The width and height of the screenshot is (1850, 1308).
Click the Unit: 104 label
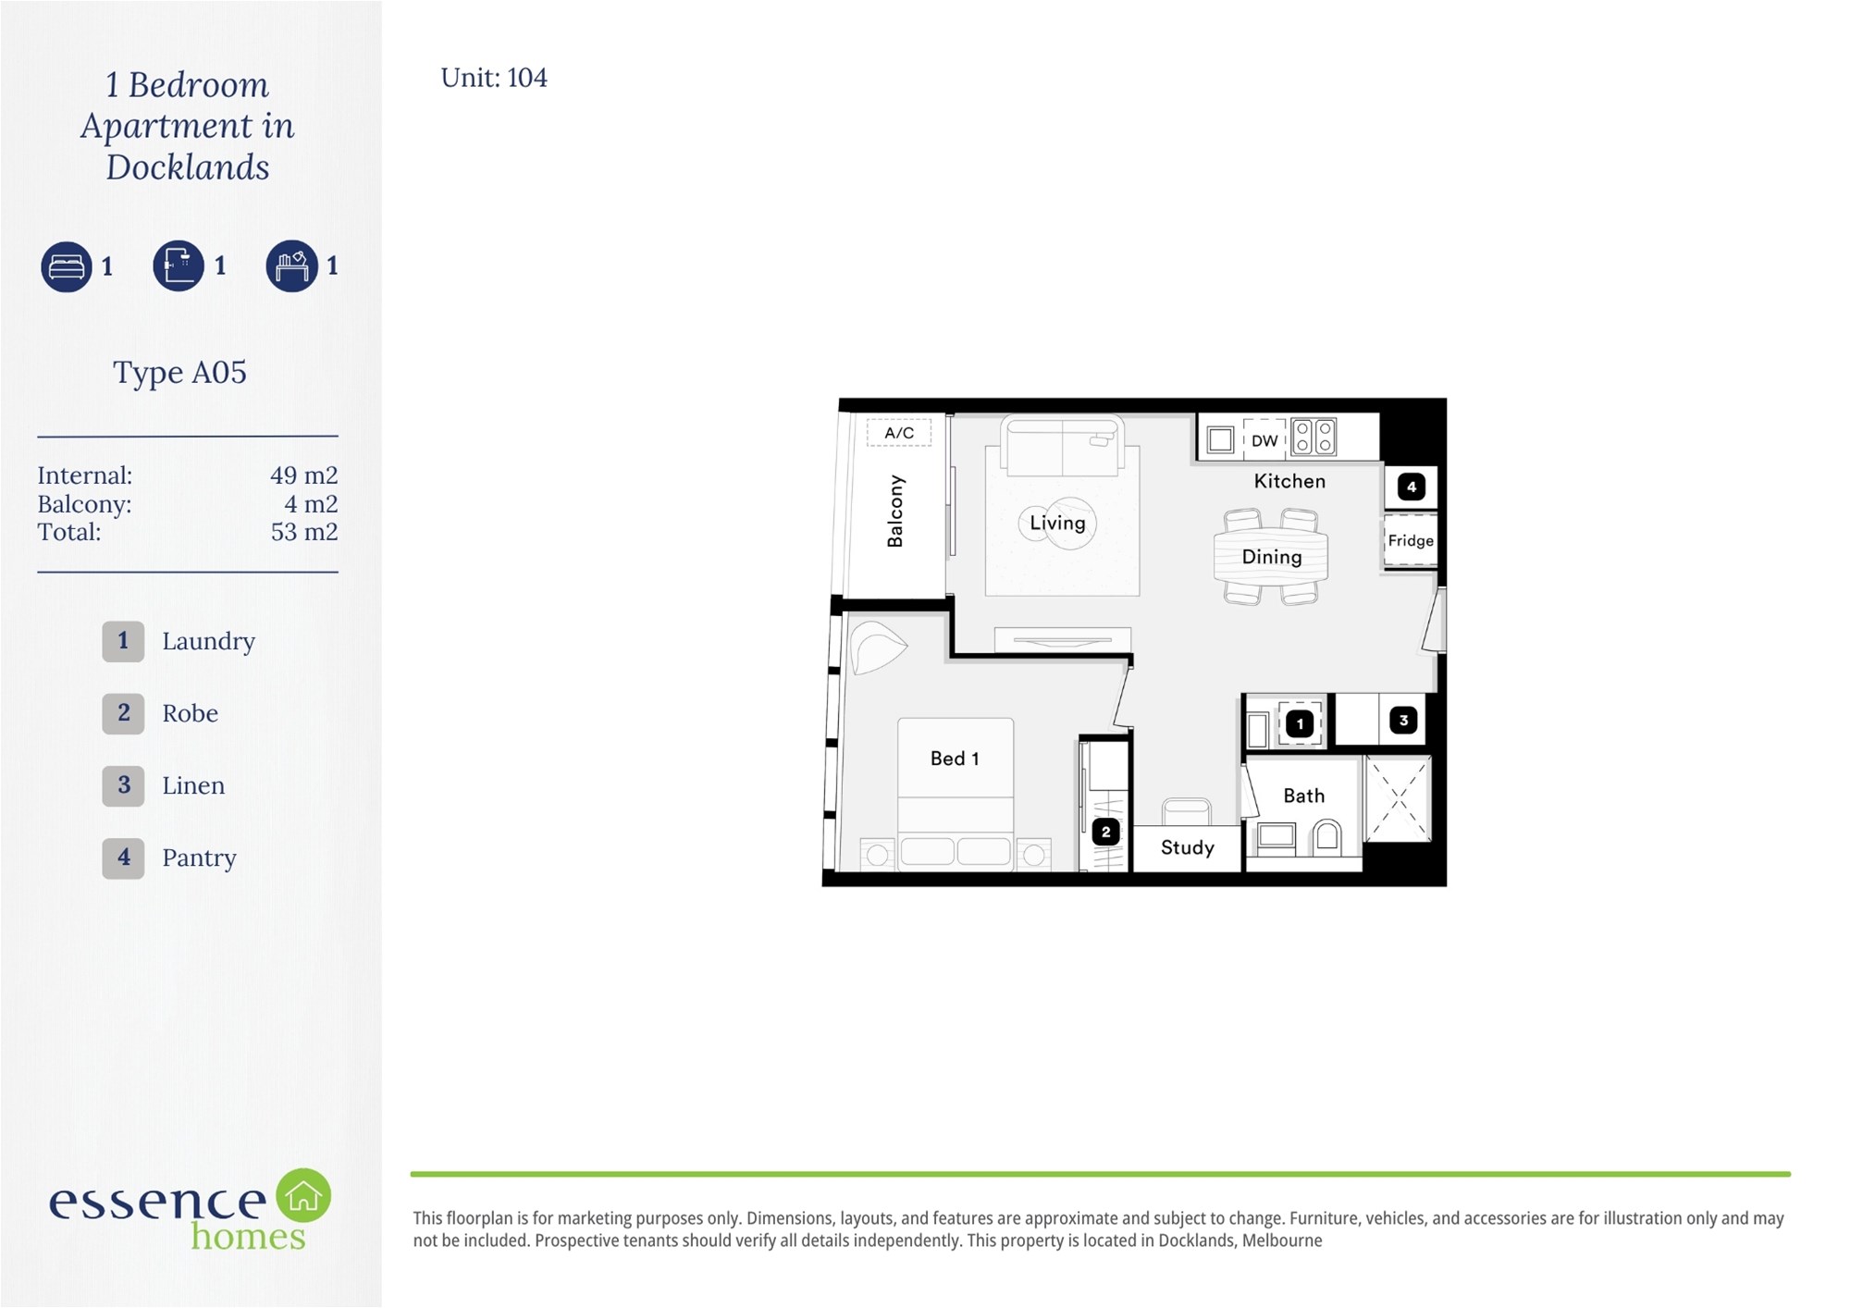[494, 78]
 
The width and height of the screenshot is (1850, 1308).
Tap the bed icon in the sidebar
[67, 266]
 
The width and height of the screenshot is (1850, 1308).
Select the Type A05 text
[179, 373]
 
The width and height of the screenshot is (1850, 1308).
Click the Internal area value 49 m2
[303, 475]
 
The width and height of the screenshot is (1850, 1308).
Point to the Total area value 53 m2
[303, 532]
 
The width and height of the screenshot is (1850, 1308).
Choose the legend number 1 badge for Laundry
[123, 641]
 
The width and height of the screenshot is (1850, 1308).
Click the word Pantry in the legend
[199, 858]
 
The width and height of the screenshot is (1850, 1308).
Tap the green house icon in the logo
[303, 1195]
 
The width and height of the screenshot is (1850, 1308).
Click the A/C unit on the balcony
[899, 432]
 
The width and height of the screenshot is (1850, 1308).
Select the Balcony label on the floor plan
[894, 512]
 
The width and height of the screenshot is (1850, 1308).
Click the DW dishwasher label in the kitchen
[1264, 440]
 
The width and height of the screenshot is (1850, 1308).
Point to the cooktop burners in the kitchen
[1313, 438]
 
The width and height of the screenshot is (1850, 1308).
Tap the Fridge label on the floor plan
[1411, 540]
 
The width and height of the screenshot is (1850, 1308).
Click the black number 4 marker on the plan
[1412, 487]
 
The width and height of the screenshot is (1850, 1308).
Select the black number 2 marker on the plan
[1106, 832]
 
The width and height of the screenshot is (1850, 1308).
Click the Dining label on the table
[1272, 557]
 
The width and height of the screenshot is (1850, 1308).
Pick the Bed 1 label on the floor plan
[955, 759]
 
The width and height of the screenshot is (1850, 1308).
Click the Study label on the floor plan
[1188, 847]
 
